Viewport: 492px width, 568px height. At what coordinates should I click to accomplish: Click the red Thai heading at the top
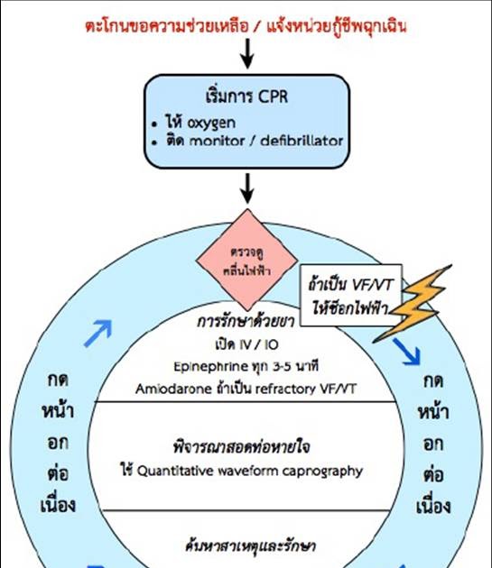246,26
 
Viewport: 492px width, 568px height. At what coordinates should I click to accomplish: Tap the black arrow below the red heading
246,57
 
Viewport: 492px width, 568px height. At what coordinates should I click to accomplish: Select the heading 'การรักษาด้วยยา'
246,322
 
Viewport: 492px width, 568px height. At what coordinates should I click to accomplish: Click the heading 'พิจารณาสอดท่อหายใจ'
246,447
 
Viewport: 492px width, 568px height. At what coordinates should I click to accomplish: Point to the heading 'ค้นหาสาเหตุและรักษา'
246,545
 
